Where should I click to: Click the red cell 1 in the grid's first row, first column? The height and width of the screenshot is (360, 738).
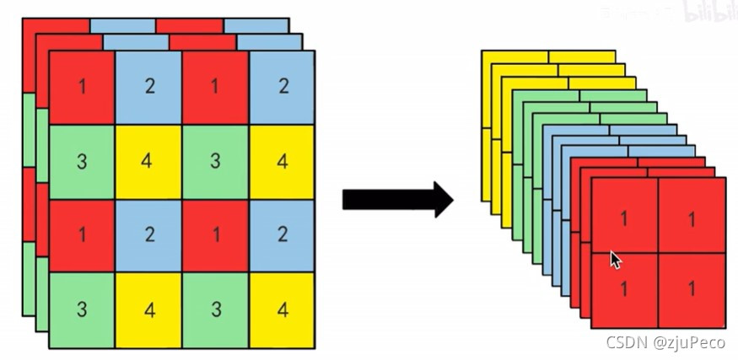(82, 87)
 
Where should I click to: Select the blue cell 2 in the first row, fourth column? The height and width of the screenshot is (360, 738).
(282, 87)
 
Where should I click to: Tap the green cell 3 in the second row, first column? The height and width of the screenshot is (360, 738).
(82, 161)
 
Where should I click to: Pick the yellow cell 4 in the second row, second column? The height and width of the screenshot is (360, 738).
(148, 161)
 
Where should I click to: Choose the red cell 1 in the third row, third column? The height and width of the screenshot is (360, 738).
(215, 235)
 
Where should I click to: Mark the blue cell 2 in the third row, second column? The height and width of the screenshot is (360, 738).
(148, 235)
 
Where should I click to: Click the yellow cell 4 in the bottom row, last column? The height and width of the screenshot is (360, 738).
(282, 309)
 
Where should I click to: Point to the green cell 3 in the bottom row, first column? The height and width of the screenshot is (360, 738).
(82, 309)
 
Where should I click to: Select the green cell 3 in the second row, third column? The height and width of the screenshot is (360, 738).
(215, 161)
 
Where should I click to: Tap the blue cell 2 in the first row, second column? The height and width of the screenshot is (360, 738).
(148, 87)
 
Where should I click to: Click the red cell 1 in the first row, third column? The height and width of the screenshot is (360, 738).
(215, 87)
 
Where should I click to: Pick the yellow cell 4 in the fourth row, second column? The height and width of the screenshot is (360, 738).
(148, 309)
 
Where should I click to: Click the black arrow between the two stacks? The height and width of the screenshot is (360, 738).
(397, 199)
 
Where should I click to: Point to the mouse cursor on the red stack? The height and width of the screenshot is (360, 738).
(615, 259)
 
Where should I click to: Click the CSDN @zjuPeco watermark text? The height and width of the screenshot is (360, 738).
(667, 342)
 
